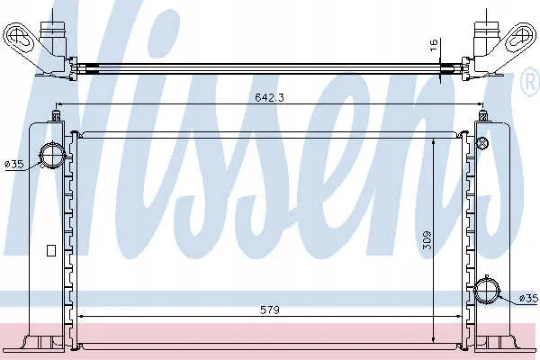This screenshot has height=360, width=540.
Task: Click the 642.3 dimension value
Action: [x=269, y=97]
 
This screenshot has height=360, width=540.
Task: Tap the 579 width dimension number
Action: [x=270, y=310]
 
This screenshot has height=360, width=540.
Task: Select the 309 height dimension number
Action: [x=427, y=241]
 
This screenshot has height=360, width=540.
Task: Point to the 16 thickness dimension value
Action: [x=434, y=45]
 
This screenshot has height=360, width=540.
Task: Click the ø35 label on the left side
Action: [x=14, y=165]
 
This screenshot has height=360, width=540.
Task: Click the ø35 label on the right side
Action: [x=528, y=298]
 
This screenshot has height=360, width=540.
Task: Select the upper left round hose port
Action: [x=52, y=156]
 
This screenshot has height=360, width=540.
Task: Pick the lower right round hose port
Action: [x=486, y=292]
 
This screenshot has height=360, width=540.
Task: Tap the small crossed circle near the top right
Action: [x=482, y=141]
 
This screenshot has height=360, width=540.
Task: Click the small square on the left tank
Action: [x=51, y=250]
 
